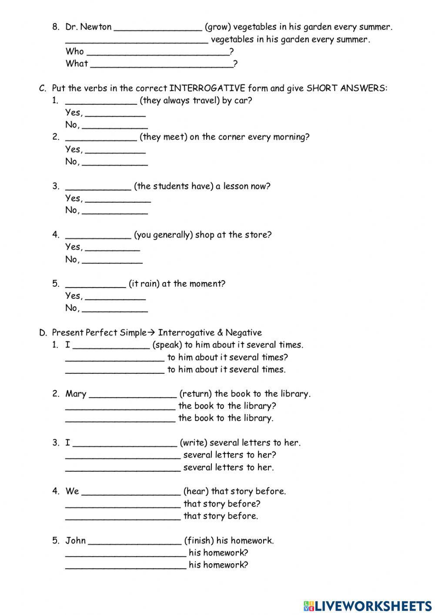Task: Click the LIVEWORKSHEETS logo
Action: tap(368, 605)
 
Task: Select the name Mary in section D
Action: tap(76, 394)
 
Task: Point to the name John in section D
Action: tap(76, 541)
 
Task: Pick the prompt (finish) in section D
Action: tap(199, 541)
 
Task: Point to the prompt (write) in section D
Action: tap(193, 443)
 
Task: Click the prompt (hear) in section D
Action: tap(196, 491)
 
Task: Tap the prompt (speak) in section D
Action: tap(167, 345)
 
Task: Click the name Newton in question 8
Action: tap(96, 27)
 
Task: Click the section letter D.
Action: tap(43, 333)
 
